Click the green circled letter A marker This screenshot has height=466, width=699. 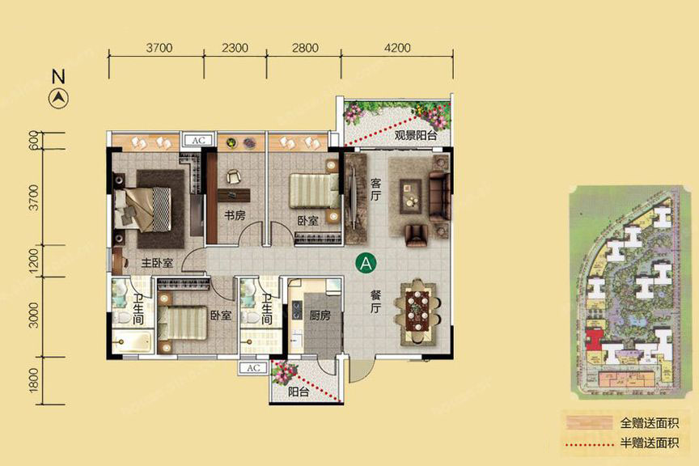(366, 264)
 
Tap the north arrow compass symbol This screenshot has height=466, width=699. (58, 98)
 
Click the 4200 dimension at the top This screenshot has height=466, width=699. (396, 48)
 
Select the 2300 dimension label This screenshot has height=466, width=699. (235, 48)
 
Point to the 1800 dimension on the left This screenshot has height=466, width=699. (34, 381)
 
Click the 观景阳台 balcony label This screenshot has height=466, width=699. (416, 135)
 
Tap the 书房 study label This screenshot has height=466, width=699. (235, 216)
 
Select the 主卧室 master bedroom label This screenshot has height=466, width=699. (157, 263)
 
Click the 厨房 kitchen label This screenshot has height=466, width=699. (320, 316)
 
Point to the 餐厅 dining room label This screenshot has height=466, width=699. (376, 301)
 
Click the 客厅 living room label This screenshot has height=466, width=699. (376, 189)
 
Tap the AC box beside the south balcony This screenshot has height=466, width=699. (252, 368)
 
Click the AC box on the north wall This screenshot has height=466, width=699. (198, 140)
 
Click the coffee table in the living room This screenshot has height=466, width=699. (410, 197)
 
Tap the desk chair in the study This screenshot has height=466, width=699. (233, 177)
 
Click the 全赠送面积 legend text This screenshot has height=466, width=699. (650, 423)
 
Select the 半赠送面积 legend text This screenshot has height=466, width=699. (650, 443)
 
